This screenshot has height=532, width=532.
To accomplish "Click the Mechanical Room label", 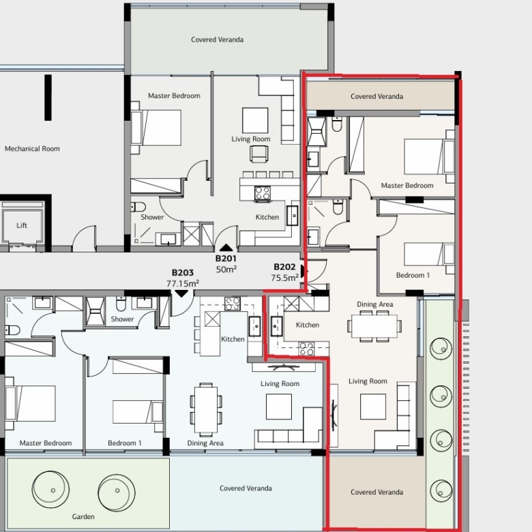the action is coord(32,149).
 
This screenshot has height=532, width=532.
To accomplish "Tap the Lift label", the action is coord(22,225).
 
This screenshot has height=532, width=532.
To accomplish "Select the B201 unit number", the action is coord(226,258).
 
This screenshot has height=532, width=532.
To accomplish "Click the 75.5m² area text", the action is coord(284,278).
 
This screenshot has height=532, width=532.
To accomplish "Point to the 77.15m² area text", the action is coord(183,283).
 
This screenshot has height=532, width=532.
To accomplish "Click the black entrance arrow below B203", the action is coord(181,293).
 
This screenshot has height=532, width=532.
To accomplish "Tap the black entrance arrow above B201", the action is coord(226,248).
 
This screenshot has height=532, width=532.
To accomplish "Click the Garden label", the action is coord(83,516).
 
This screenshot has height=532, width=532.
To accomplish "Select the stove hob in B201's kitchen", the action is coord(263,193).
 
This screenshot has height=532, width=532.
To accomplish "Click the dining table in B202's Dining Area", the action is coord(374,326).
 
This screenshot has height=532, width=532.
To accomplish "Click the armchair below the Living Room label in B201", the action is coord(259,154).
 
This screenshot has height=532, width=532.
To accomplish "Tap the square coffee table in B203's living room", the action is coord(279,407).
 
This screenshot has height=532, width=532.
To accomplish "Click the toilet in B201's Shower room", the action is coord(138,207).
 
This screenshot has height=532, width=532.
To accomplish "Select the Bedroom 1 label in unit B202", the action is coord(413,275).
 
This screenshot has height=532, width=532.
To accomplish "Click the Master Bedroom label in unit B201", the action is coord(174,96).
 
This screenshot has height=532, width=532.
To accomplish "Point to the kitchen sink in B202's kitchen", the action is coord(276,326).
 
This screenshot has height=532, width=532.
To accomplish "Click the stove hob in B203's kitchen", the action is coord(233,304).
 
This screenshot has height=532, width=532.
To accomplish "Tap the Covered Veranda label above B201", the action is coord(217,40).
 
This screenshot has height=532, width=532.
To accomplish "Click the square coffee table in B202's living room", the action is coord(373,407).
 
